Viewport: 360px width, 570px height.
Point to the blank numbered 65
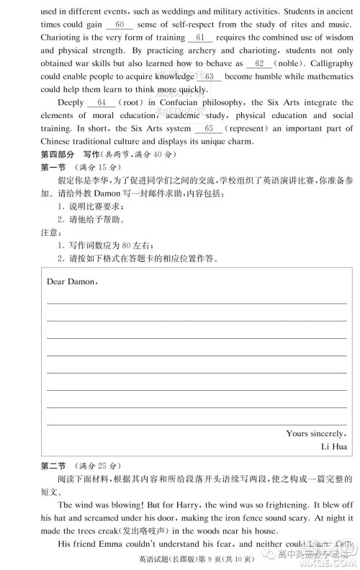[x=209, y=129]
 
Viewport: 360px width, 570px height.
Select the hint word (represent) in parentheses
[x=253, y=129]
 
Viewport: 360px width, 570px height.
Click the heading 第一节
[x=52, y=168]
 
